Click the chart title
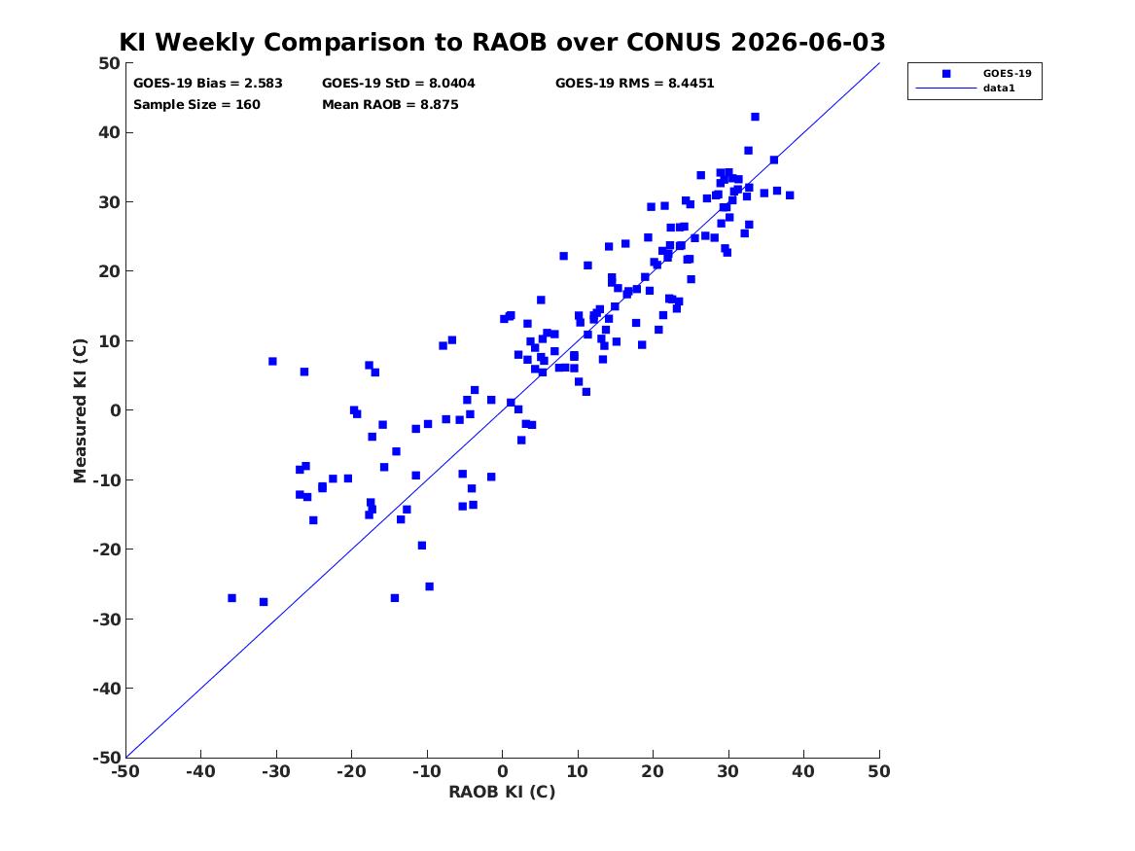point(502,42)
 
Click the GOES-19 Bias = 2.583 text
point(208,84)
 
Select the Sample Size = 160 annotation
point(196,105)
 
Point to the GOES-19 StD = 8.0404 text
point(399,84)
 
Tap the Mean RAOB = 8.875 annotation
point(390,105)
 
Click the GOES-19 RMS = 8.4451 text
point(635,84)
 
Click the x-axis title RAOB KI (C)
point(502,793)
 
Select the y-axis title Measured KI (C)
point(80,410)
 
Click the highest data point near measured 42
point(755,117)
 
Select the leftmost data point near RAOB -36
point(231,598)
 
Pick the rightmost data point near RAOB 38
point(790,195)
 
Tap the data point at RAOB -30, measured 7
point(272,361)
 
